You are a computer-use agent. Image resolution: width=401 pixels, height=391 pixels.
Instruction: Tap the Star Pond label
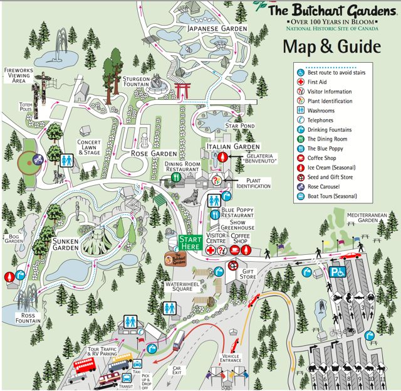[x=240, y=126]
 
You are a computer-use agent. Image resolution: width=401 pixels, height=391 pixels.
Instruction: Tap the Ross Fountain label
[x=29, y=318]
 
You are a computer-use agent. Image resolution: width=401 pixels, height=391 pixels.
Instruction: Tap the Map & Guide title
[x=331, y=46]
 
